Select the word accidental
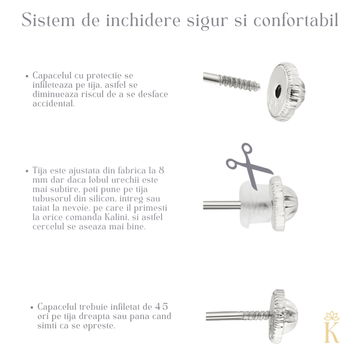pos(53,103)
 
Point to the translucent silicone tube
pos(252,202)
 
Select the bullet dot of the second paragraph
pos(27,171)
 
